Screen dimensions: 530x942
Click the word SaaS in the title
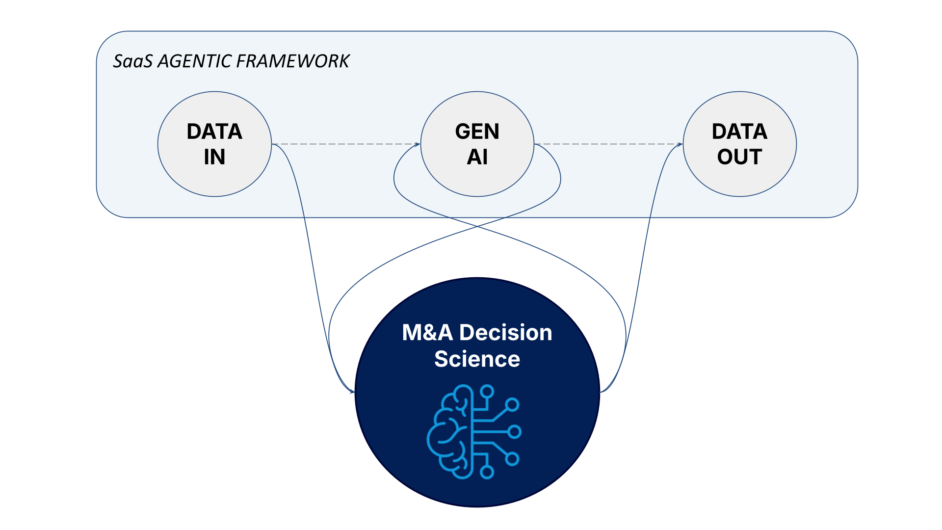pos(133,61)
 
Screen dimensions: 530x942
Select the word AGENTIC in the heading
pos(194,61)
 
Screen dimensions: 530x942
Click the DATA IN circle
pos(214,177)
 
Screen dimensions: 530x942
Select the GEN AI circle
pos(477,177)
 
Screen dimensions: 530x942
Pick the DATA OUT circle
pos(739,177)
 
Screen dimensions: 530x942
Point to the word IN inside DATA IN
pos(214,157)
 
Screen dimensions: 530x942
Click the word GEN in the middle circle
pos(477,132)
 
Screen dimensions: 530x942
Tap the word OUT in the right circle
pos(739,157)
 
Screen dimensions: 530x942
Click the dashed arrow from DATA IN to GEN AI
pos(346,144)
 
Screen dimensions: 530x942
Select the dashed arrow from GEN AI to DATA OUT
pos(608,144)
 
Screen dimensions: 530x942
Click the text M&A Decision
pos(477,333)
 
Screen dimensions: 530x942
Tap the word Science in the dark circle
pos(477,359)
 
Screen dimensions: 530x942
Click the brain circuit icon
pos(473,432)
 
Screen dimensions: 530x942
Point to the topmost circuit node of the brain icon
pos(487,391)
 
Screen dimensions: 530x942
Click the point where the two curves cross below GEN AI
pos(477,226)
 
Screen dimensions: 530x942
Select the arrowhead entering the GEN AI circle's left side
pos(418,144)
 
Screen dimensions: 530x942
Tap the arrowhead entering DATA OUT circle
pos(680,144)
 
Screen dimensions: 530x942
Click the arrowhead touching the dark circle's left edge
pos(352,392)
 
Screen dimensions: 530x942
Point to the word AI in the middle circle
pos(477,157)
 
